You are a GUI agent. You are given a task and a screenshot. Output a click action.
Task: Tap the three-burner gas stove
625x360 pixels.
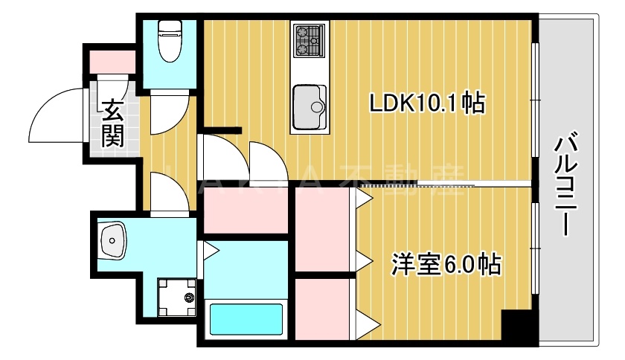click(310, 40)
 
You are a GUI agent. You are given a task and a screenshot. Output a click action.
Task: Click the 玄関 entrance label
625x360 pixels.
click(112, 123)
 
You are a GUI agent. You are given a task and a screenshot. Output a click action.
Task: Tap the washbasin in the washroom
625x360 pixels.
click(113, 240)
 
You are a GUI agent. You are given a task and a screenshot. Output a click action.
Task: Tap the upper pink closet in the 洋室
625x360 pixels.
click(321, 231)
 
